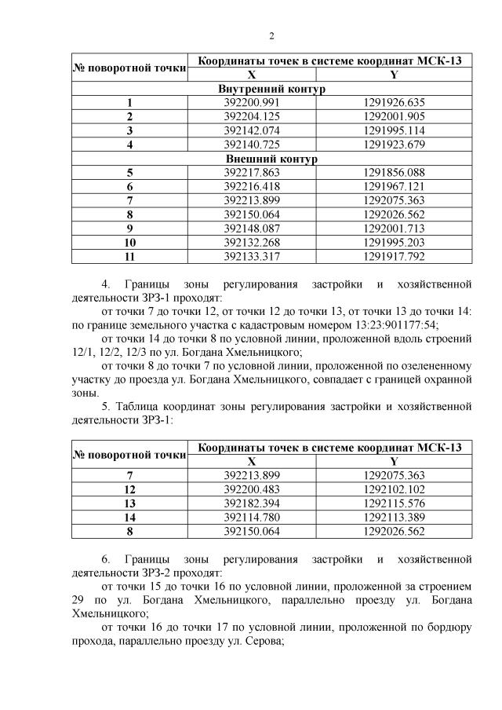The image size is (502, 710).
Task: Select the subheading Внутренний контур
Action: click(271, 89)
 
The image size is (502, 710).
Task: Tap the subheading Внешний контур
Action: click(271, 159)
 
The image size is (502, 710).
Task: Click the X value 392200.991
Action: click(252, 102)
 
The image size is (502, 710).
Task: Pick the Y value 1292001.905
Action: click(394, 116)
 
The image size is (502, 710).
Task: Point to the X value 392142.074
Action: click(252, 130)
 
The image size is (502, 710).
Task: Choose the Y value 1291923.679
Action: click(394, 145)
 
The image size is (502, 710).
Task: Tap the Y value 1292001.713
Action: click(394, 229)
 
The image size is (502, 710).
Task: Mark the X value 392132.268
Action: click(252, 243)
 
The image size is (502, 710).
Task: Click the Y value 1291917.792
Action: click(394, 257)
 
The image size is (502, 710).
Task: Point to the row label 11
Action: click(129, 257)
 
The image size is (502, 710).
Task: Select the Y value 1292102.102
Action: click(394, 489)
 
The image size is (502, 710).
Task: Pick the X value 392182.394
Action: click(252, 503)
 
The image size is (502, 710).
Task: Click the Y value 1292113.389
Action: click(394, 518)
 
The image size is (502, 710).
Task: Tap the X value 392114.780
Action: click(252, 518)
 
